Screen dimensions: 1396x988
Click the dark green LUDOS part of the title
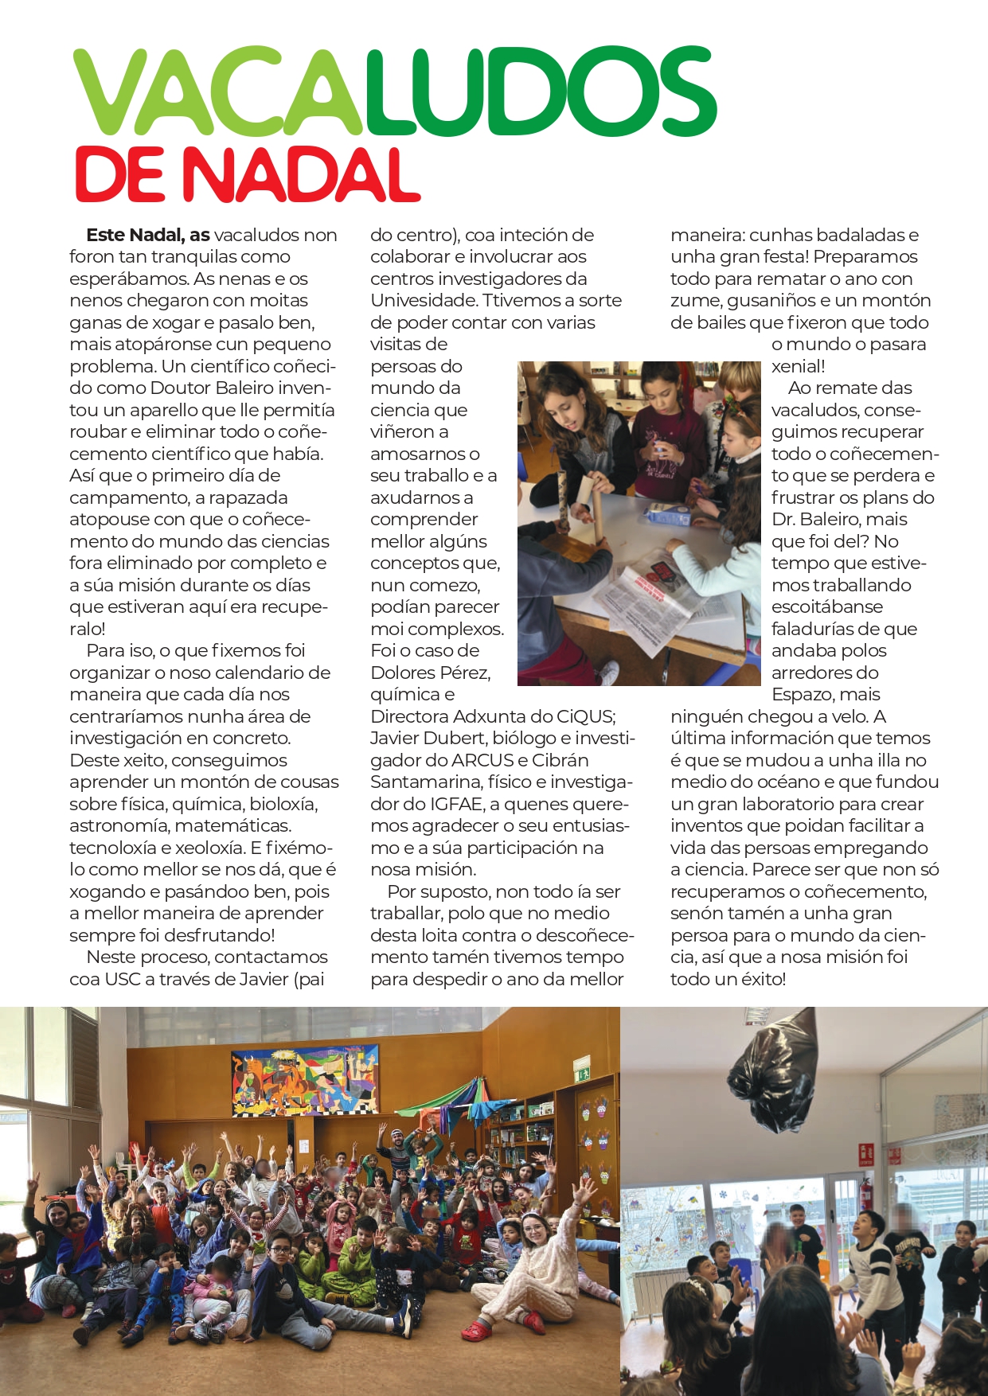[x=541, y=92]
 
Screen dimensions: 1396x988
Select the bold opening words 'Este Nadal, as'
[x=147, y=236]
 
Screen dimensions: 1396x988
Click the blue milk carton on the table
[x=667, y=515]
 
